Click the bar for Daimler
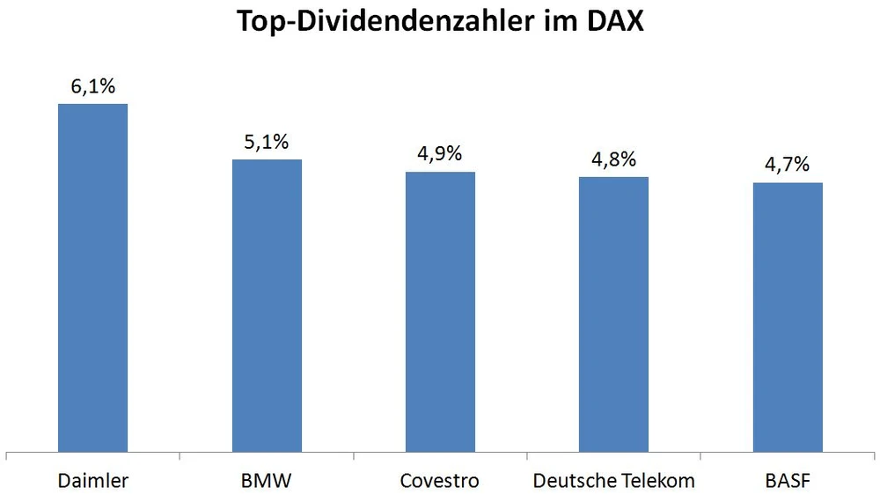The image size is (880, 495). pos(92,278)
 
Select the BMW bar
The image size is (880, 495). pos(267,307)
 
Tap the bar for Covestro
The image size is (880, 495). pos(440,313)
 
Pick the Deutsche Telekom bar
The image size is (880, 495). pos(613,315)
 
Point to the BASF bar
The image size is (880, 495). pos(787,318)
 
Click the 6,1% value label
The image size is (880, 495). pos(92,87)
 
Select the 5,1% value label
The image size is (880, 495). pos(267,142)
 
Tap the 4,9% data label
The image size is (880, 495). pos(440,154)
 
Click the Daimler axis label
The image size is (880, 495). pos(92,481)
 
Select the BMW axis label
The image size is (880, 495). pos(267,481)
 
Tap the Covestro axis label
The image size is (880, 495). pos(439,481)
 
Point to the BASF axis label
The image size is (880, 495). pos(787,481)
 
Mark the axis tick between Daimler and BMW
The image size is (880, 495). pos(180,455)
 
